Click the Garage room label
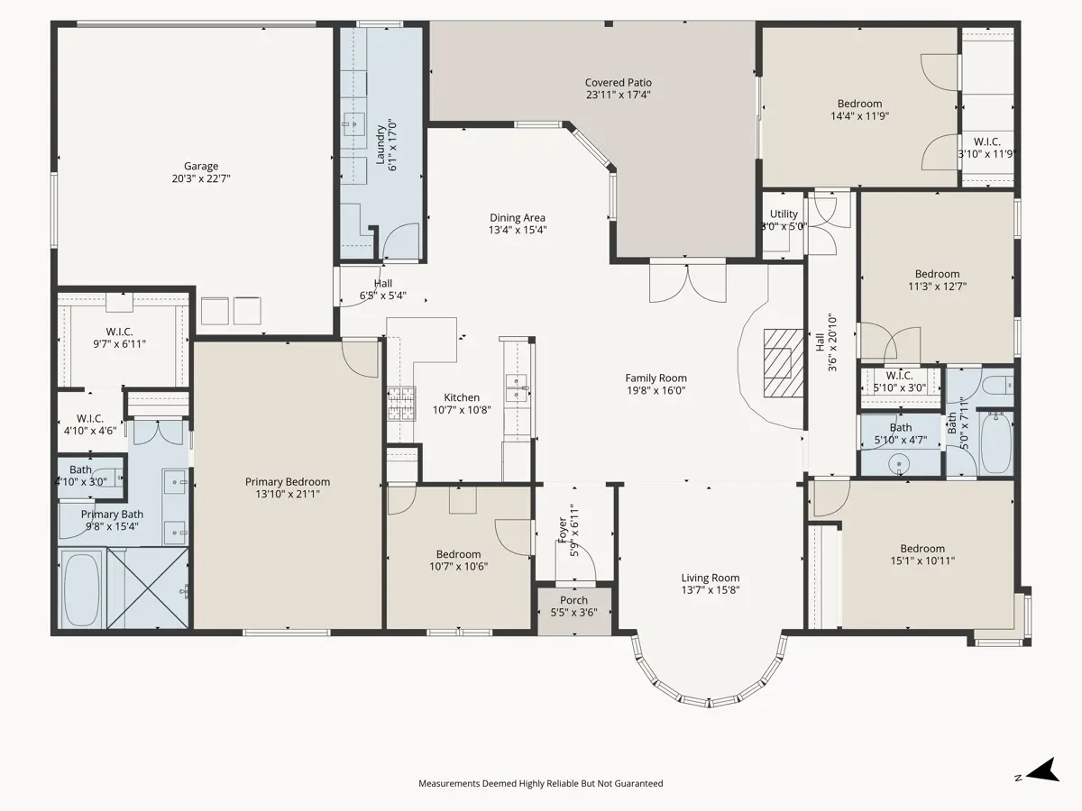(201, 167)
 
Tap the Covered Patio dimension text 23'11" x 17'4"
(619, 95)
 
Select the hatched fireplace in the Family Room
(784, 363)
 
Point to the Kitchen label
(462, 397)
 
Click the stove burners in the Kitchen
(401, 404)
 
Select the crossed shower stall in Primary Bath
(148, 588)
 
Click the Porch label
(573, 600)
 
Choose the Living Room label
(711, 578)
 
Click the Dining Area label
(517, 218)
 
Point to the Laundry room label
(381, 144)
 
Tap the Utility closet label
(784, 214)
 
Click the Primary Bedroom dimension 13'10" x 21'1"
(288, 494)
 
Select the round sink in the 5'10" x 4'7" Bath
(900, 464)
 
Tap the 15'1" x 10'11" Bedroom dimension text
(922, 560)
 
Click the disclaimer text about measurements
(541, 783)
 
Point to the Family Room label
(656, 378)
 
